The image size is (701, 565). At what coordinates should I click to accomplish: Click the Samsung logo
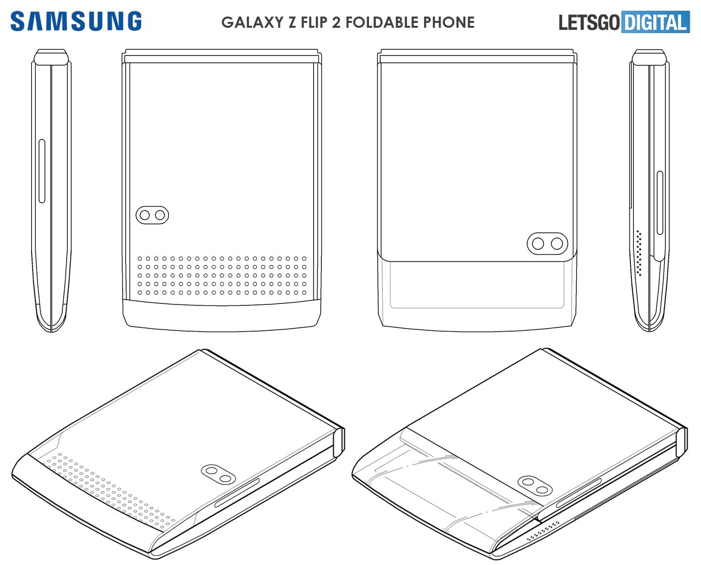76,21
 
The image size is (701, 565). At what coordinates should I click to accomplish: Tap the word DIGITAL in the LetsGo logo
656,22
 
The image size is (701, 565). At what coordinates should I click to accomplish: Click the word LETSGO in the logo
589,22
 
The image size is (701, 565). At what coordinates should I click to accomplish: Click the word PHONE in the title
448,22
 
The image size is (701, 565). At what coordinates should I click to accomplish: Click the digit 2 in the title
336,22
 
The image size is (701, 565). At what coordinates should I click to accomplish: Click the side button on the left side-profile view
42,171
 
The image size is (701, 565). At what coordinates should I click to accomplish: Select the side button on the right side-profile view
660,203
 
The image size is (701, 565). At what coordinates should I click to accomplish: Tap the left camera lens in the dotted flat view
145,215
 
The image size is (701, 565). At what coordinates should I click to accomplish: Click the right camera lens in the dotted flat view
160,215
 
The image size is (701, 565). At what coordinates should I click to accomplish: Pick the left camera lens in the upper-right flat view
538,244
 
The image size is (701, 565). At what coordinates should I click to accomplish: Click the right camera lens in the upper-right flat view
557,244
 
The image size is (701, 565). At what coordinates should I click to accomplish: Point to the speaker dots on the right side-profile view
639,253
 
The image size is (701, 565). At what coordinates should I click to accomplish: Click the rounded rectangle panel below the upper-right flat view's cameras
477,284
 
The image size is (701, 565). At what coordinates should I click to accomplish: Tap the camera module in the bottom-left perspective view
218,475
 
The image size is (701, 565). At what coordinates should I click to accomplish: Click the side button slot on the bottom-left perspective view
237,492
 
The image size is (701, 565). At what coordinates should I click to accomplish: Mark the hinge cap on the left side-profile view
51,57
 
